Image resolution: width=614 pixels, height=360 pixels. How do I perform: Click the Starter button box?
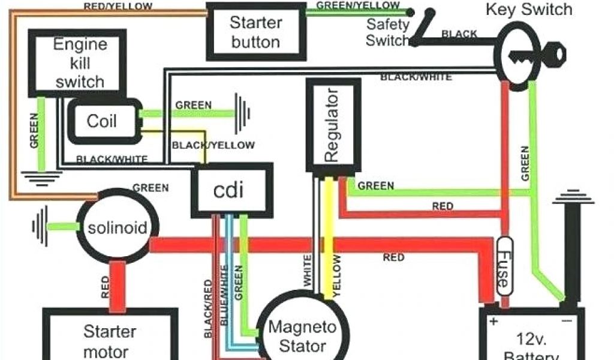pyautogui.click(x=255, y=32)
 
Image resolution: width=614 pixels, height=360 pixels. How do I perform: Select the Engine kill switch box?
pyautogui.click(x=79, y=62)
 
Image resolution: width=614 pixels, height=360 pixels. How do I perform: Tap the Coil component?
pyautogui.click(x=101, y=121)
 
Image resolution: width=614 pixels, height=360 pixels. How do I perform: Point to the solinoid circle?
pyautogui.click(x=117, y=228)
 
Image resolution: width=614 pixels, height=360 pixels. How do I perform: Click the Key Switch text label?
pyautogui.click(x=529, y=10)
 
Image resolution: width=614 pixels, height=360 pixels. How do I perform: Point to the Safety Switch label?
pyautogui.click(x=387, y=33)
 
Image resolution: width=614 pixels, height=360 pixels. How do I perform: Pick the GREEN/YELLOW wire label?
pyautogui.click(x=358, y=5)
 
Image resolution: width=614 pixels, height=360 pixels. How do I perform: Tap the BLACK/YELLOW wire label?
pyautogui.click(x=213, y=145)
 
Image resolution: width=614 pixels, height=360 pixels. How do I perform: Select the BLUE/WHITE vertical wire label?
pyautogui.click(x=225, y=294)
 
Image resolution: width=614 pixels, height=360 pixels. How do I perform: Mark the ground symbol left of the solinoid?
pyautogui.click(x=40, y=226)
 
